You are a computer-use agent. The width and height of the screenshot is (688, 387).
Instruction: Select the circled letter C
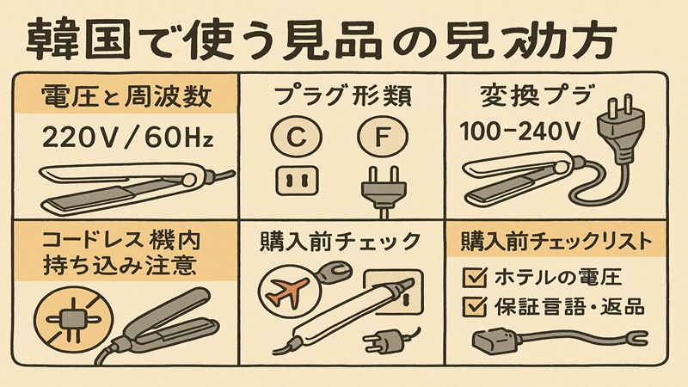(x=290, y=135)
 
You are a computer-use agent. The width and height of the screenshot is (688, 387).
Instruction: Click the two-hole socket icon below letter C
(x=291, y=180)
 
